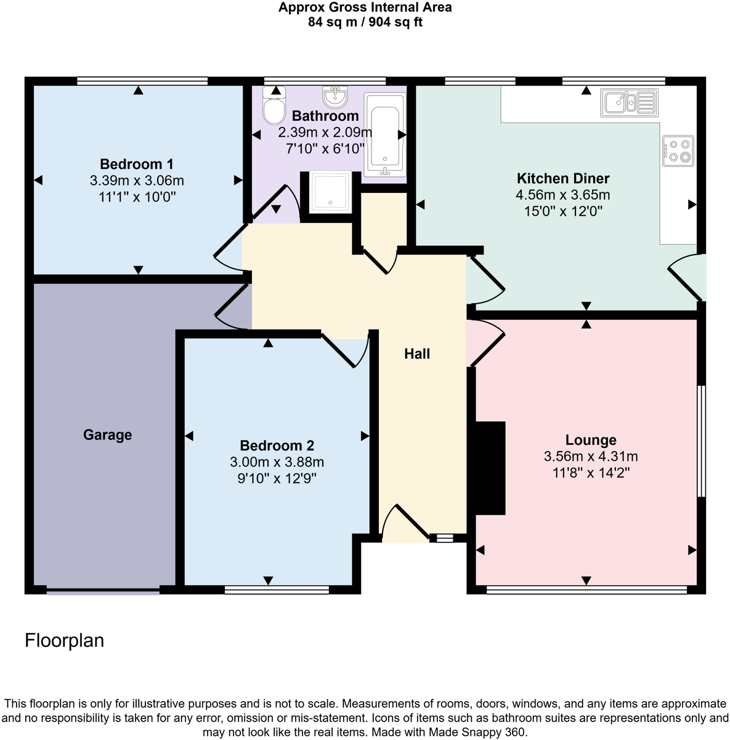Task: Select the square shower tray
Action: pos(331,191)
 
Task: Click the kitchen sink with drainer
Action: pos(628,102)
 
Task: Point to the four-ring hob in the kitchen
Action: pos(678,151)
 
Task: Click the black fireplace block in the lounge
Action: pos(489,468)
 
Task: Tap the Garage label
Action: pos(107,435)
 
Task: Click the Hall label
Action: pos(417,354)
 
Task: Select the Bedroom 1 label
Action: pos(136,164)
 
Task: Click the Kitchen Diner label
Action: pos(562,179)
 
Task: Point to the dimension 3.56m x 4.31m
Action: pos(590,457)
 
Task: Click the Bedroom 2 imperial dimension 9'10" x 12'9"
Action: pos(277,479)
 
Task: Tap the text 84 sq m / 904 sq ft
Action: pos(365,23)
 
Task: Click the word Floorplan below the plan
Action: pos(64,641)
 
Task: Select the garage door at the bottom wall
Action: pos(103,592)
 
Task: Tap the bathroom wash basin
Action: pos(336,97)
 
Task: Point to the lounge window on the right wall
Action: pos(701,441)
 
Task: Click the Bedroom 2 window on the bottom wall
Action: pos(277,590)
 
